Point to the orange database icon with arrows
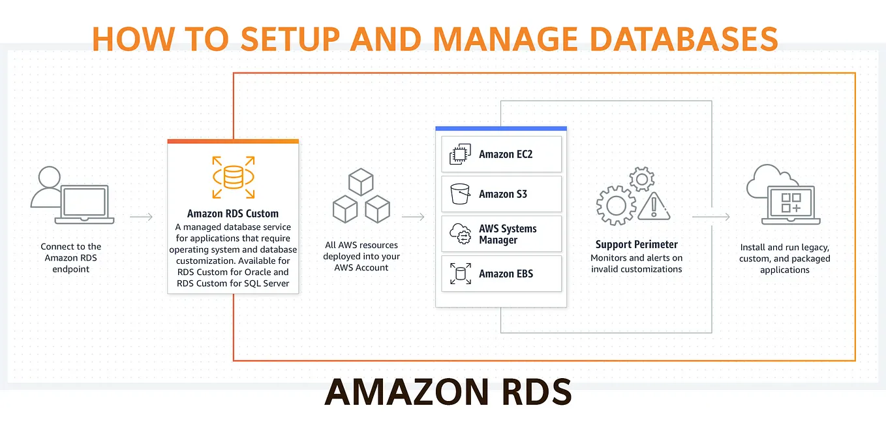click(233, 177)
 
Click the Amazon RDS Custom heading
click(233, 214)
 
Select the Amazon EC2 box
click(501, 154)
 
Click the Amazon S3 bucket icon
click(460, 194)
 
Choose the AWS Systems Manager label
click(508, 234)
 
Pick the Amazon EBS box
click(501, 274)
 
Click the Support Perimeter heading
click(636, 244)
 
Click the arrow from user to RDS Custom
click(142, 217)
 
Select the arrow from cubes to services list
click(414, 217)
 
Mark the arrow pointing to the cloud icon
click(711, 217)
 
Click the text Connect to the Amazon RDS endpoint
click(71, 257)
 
